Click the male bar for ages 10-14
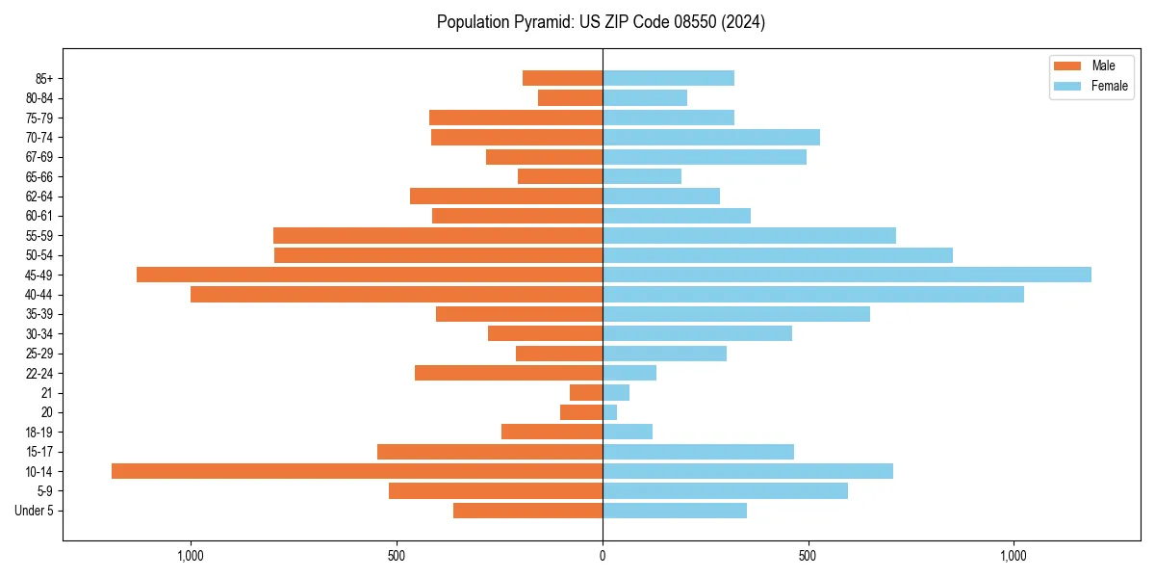pos(356,471)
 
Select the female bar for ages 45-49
pos(847,275)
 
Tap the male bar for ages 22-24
pos(508,373)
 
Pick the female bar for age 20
pos(609,412)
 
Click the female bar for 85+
pos(668,78)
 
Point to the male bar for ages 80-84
pos(570,97)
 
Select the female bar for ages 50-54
pos(778,255)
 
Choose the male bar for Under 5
pos(527,511)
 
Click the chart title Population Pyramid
pos(601,22)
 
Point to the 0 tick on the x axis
pos(603,556)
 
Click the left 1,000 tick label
pos(191,556)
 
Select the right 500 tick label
pos(808,556)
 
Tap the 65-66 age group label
pos(39,176)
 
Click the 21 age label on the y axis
pos(47,393)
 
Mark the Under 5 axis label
pos(35,511)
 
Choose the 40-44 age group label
pos(39,295)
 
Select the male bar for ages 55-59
pos(438,235)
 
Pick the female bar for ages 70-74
pos(711,137)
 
